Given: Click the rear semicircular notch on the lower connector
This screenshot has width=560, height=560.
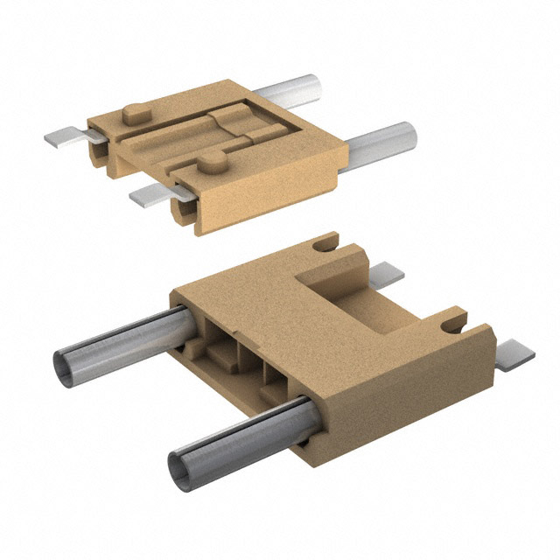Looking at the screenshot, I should point(326,244).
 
